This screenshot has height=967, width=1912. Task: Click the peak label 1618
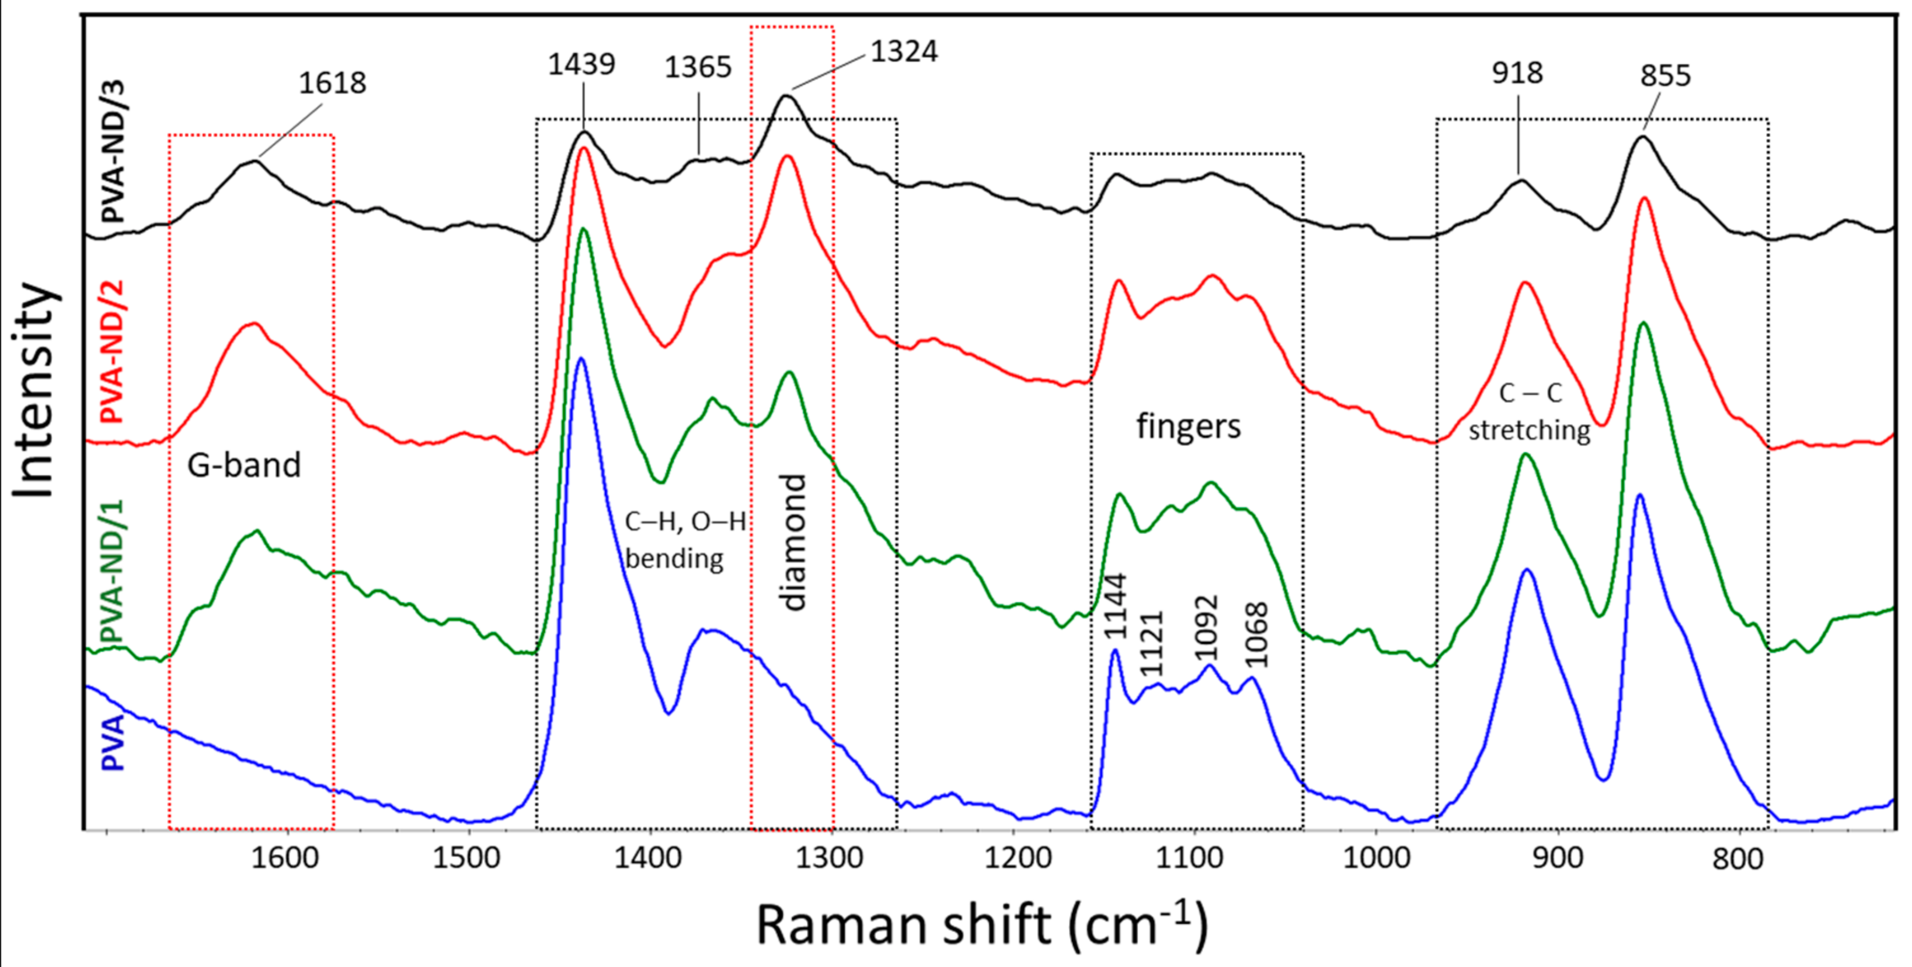click(x=332, y=83)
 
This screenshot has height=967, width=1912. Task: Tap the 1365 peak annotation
click(x=698, y=68)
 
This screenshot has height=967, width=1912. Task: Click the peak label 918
click(x=1517, y=73)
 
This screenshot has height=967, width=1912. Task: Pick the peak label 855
click(x=1665, y=75)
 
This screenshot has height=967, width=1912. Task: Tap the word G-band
click(x=244, y=465)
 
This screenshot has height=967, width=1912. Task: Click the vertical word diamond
click(x=794, y=542)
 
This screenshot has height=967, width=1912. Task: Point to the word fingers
click(x=1188, y=427)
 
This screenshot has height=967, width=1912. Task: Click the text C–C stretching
click(x=1530, y=411)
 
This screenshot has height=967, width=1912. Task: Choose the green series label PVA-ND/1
click(x=112, y=572)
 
